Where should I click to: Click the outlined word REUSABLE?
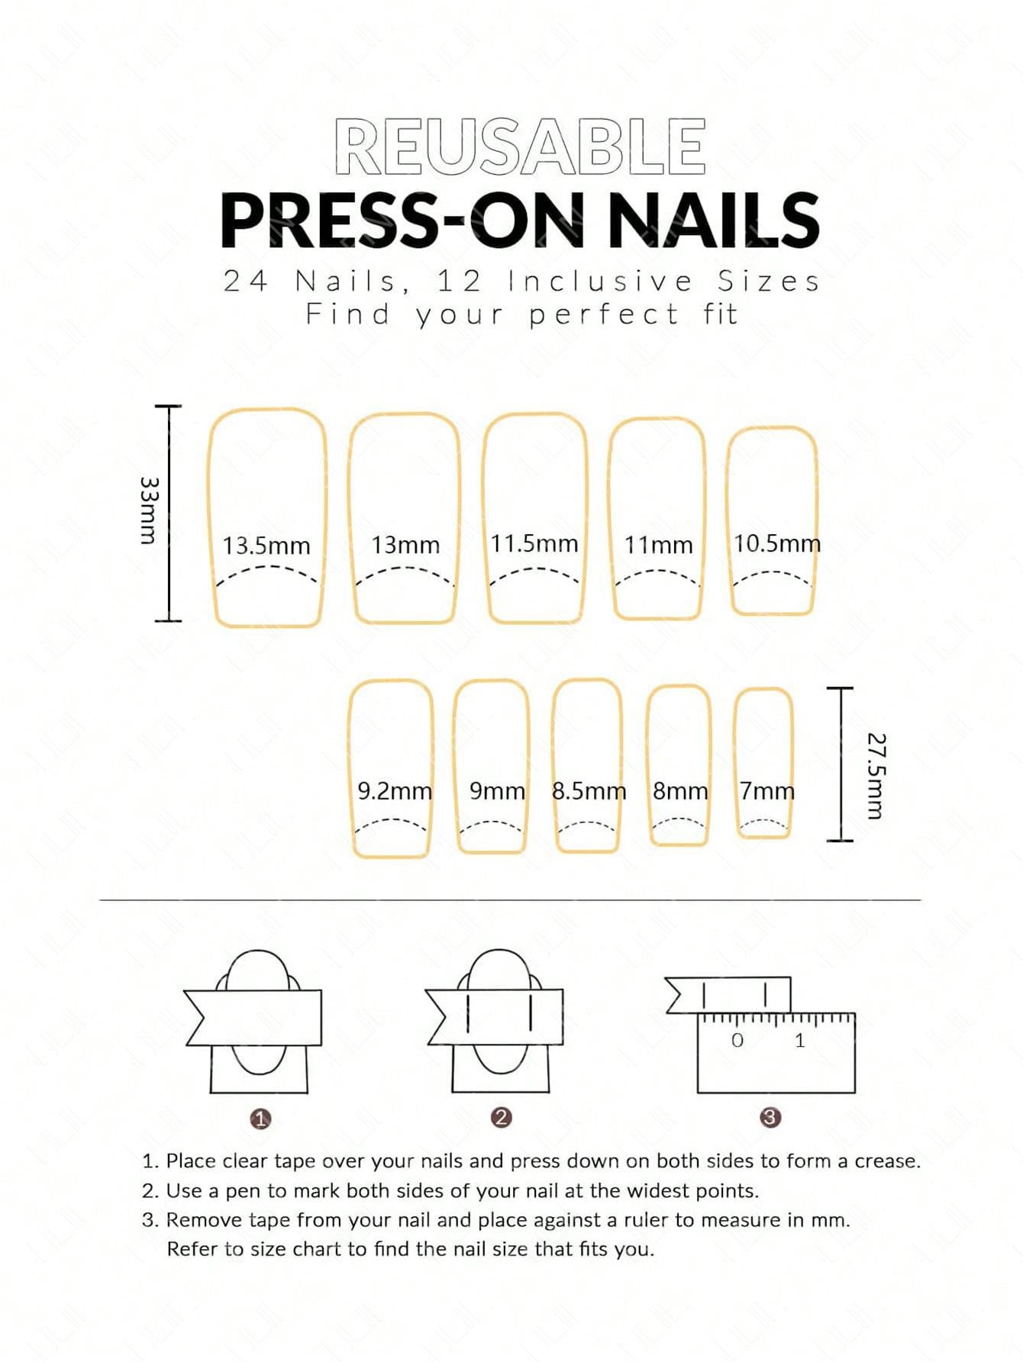(x=519, y=147)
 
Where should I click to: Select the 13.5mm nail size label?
(x=266, y=546)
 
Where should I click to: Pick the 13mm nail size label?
(x=405, y=545)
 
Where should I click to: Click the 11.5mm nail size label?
(x=534, y=543)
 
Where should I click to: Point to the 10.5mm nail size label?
(x=777, y=543)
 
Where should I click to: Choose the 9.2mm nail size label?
(x=395, y=791)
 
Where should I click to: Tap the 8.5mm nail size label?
(x=589, y=791)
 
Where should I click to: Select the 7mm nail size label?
(x=766, y=791)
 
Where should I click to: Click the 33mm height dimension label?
(x=149, y=510)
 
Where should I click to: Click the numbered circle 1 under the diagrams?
(x=261, y=1119)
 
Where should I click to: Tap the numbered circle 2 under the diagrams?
(x=501, y=1118)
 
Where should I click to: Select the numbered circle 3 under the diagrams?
(x=770, y=1118)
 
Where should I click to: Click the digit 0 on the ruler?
(x=737, y=1040)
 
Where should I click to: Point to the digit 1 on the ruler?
(x=799, y=1040)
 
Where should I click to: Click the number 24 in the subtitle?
(x=246, y=282)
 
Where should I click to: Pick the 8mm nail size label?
(x=680, y=791)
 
